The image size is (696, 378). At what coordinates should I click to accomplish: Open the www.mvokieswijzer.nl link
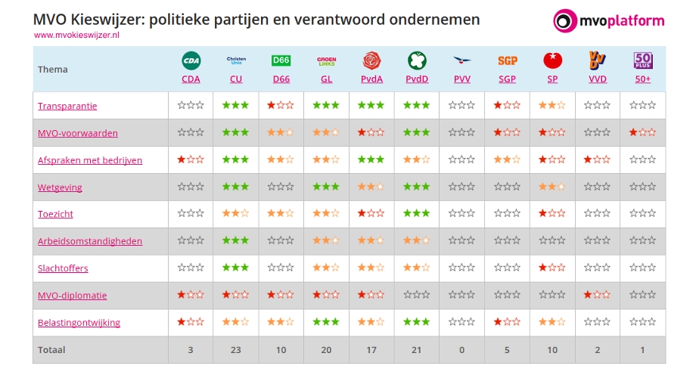pos(77,36)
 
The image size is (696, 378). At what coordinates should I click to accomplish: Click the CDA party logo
pos(191,60)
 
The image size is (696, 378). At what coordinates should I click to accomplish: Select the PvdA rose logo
pos(371,60)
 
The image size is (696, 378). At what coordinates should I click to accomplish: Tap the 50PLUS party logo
pos(643,60)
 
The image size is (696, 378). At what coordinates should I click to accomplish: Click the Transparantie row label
pos(67,106)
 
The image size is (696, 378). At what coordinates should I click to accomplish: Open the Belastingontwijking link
pos(79,323)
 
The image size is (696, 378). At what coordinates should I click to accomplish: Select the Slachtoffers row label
pos(63,268)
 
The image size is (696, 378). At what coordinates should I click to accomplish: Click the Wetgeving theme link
pos(60,187)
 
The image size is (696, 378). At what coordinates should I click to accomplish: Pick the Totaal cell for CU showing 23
pos(236,350)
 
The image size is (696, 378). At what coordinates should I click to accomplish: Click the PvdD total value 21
pos(417,350)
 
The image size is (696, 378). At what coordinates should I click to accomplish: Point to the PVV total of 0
pos(462,350)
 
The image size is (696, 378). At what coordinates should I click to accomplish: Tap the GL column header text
pos(326,79)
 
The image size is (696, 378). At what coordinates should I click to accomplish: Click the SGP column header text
pos(507,79)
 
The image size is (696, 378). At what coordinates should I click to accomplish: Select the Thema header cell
pos(53,70)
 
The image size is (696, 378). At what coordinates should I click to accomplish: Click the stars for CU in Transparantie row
pos(236,106)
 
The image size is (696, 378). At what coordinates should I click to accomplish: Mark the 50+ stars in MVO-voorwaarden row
pos(643,133)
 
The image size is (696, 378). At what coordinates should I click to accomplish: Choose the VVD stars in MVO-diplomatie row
pos(598,296)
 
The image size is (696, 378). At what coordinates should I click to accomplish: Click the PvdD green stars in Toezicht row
pos(417,214)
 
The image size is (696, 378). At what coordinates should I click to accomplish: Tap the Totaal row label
pos(51,350)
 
